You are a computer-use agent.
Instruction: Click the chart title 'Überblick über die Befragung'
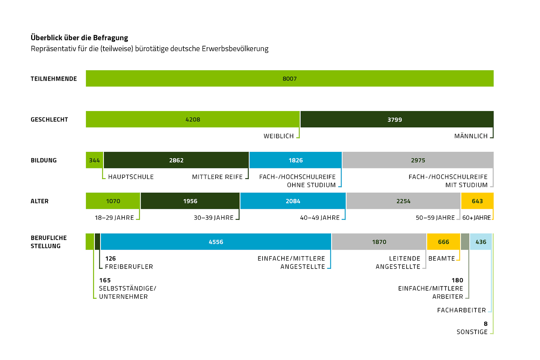coord(79,38)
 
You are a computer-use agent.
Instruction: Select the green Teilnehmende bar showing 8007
coord(289,78)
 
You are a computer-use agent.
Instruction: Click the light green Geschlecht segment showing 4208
coord(193,119)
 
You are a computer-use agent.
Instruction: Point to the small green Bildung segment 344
coord(94,160)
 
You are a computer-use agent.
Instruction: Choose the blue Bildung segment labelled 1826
coord(295,160)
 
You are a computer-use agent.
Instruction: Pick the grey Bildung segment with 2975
coord(418,160)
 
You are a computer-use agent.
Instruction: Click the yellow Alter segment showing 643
coord(477,201)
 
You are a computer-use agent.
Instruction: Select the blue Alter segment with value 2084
coord(293,201)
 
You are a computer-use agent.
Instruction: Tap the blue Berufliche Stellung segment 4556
coord(216,242)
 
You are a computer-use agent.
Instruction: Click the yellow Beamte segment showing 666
coord(443,242)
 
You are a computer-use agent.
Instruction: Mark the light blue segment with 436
coord(481,242)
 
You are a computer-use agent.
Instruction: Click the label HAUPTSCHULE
coord(131,177)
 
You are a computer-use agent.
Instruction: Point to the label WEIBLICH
coord(279,136)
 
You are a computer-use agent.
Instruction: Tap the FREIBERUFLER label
coord(129,267)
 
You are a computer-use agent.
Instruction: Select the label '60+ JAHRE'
coord(476,218)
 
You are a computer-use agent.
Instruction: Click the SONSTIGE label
coord(472,332)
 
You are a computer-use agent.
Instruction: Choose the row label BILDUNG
coord(44,160)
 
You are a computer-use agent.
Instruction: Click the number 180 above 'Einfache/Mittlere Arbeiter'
coord(457,280)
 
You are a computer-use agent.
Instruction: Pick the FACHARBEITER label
coord(462,310)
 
